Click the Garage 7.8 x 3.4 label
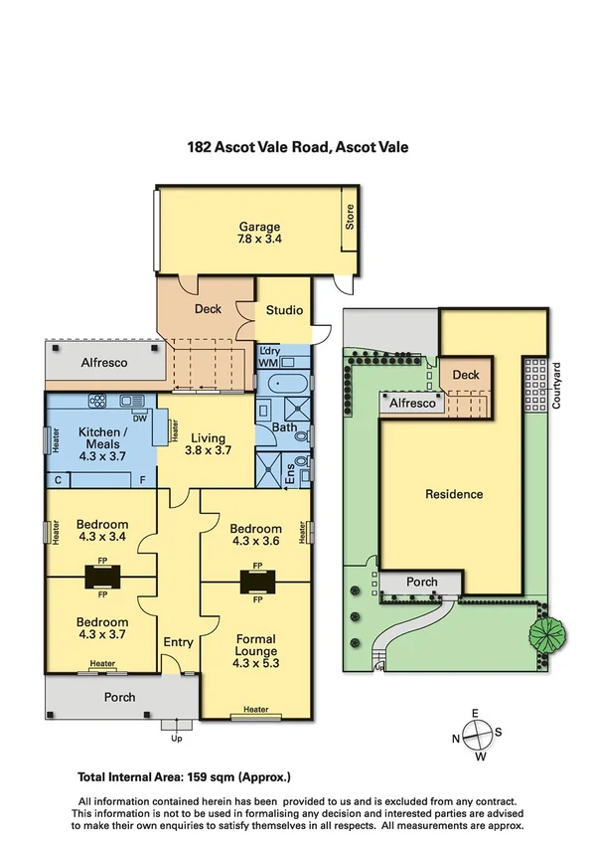(x=258, y=233)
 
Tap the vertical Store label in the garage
(x=349, y=217)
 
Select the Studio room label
(x=283, y=310)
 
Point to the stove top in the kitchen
(x=99, y=402)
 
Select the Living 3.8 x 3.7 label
(x=210, y=444)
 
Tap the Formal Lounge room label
(x=255, y=645)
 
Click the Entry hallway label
(x=178, y=642)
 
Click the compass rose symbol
(x=476, y=737)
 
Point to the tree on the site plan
(x=545, y=633)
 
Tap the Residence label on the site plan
(x=454, y=494)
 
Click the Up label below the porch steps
(x=178, y=739)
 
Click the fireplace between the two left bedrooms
(x=101, y=575)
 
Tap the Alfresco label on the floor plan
(x=104, y=364)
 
